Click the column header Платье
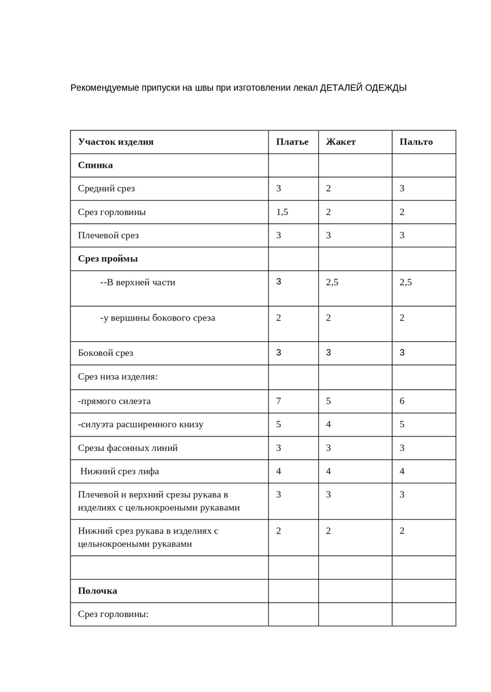pos(292,142)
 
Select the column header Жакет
pos(341,142)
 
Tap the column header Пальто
pos(416,142)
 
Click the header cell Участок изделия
pos(116,142)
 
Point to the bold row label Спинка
pos(95,165)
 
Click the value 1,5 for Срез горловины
pos(282,212)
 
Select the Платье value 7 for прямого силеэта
pos(278,401)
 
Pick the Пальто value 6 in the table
pos(402,401)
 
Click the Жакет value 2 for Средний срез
pos(328,189)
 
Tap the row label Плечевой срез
pos(108,235)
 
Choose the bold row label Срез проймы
pos(108,258)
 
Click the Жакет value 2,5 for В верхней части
pos(332,283)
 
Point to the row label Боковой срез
pos(106,353)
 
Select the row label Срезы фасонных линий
pos(128,447)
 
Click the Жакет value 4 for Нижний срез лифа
pos(328,471)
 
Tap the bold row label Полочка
pos(98,591)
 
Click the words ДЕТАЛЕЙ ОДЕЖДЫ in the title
pos(363,88)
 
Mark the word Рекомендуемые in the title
pos(105,88)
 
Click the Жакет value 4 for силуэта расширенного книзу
pos(328,424)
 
